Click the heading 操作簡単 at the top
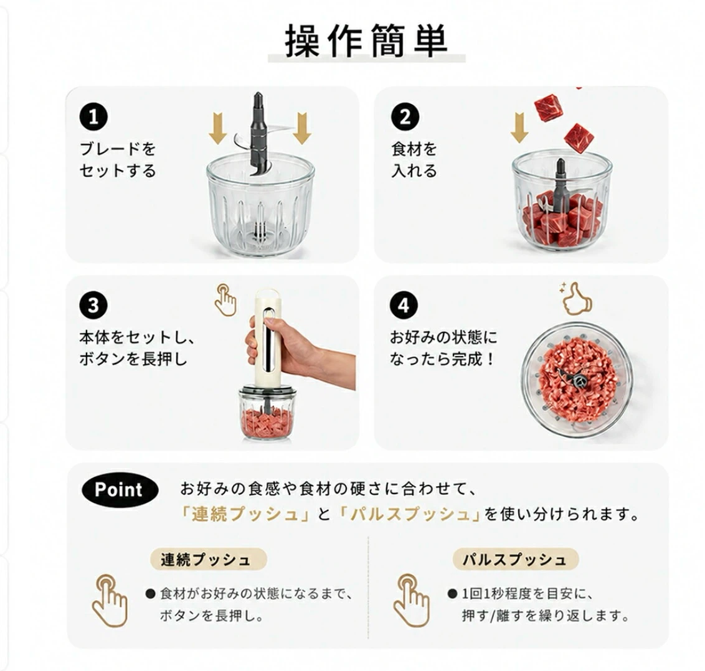pos(366,40)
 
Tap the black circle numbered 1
pos(93,117)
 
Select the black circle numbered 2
pos(404,117)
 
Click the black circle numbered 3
pos(93,306)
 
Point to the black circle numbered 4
pos(404,306)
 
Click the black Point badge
pos(120,490)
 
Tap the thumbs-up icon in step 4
pos(576,298)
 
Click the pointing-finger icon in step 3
pos(225,299)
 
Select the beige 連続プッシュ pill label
pos(208,560)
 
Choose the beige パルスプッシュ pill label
pos(515,560)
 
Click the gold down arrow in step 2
pos(520,128)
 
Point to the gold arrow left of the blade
pos(218,129)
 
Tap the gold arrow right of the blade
pos(302,129)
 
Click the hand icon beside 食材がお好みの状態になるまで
pos(110,601)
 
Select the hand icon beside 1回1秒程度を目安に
pos(412,601)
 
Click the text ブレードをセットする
pos(118,159)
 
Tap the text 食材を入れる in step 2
pos(414,159)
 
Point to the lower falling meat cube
pos(579,138)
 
